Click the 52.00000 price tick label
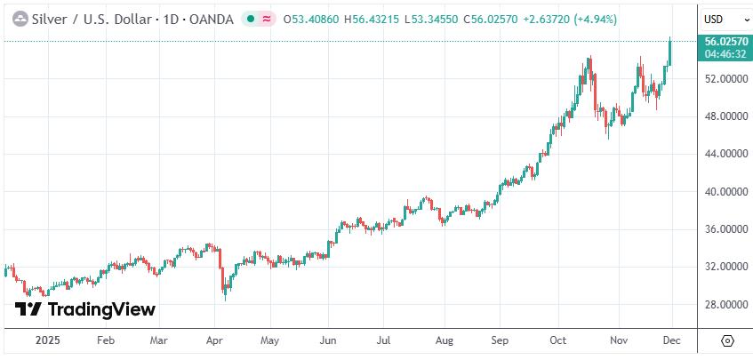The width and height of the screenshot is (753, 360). (724, 79)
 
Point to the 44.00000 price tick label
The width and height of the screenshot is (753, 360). (724, 154)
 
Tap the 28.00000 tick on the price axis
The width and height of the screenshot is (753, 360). (724, 304)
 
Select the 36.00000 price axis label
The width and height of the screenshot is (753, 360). (724, 229)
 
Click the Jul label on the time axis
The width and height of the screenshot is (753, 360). (383, 340)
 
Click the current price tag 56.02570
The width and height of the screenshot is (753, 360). (724, 41)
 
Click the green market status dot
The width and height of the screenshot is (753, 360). (252, 19)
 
